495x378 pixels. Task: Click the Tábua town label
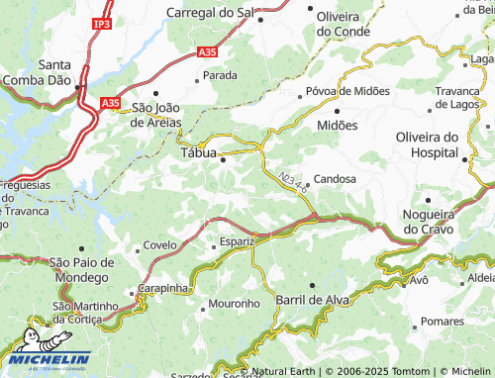pyautogui.click(x=199, y=152)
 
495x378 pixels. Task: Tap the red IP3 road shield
pyautogui.click(x=101, y=22)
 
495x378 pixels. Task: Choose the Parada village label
pyautogui.click(x=220, y=75)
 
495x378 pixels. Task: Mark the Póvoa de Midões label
pyautogui.click(x=345, y=93)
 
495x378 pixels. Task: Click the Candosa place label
pyautogui.click(x=335, y=180)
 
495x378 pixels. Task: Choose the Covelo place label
pyautogui.click(x=159, y=245)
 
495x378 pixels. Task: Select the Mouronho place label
pyautogui.click(x=235, y=303)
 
